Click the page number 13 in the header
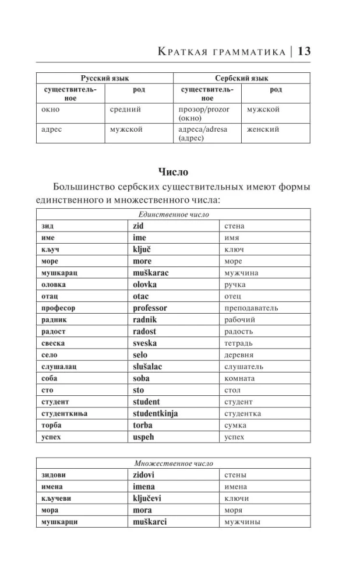(x=304, y=51)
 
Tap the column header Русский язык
(x=104, y=78)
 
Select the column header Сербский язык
(x=241, y=78)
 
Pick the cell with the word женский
(x=263, y=129)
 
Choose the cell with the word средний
(x=125, y=109)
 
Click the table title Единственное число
(x=172, y=215)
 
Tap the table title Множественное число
(x=173, y=463)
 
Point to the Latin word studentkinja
(x=155, y=413)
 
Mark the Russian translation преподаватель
(x=251, y=308)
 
